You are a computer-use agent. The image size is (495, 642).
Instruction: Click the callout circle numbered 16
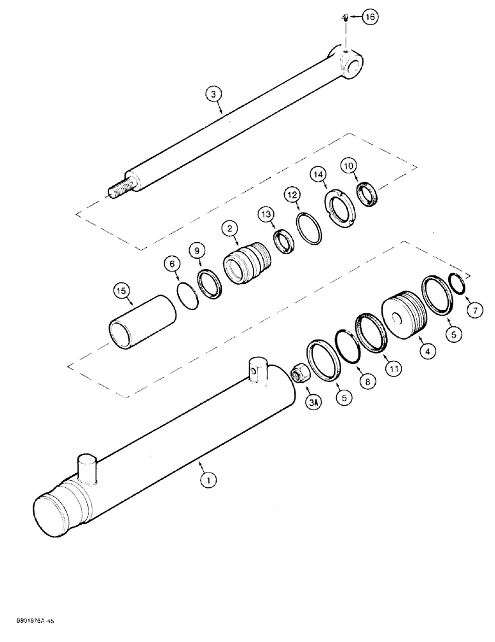pos(369,18)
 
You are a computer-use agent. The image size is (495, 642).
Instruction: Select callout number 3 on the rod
pos(216,94)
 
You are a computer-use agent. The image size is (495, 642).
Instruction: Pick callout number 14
pos(319,174)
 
